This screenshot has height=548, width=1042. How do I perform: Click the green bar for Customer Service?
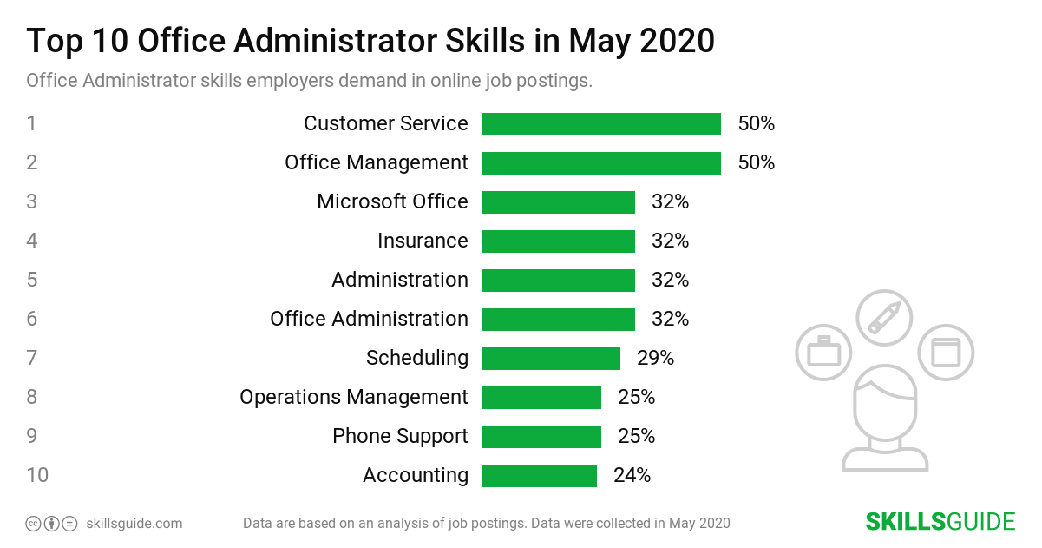click(600, 124)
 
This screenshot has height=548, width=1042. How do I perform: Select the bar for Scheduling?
click(551, 358)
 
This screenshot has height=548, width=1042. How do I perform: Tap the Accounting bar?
click(539, 476)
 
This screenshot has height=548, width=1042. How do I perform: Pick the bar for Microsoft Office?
click(558, 202)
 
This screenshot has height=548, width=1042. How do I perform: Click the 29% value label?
click(655, 358)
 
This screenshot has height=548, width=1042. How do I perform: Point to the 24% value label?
click(632, 476)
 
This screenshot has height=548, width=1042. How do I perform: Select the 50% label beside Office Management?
click(756, 163)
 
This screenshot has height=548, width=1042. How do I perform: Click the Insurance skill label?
click(423, 241)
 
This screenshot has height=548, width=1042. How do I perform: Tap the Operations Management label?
click(354, 397)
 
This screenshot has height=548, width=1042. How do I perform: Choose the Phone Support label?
click(400, 436)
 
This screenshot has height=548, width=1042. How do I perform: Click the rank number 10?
click(37, 476)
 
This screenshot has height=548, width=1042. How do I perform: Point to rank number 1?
click(31, 124)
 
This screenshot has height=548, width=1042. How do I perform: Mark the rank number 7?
click(31, 358)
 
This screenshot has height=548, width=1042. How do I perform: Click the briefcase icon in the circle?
click(823, 353)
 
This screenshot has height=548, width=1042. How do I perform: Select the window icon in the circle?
click(946, 353)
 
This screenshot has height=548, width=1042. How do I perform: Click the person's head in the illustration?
click(884, 405)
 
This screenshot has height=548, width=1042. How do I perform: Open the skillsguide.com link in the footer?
click(134, 524)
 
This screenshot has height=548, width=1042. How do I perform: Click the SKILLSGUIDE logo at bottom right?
click(940, 522)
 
